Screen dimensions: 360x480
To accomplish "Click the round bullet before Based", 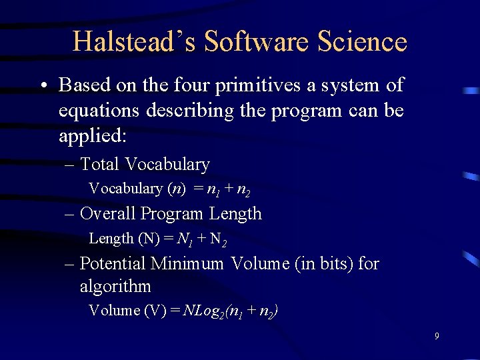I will pyautogui.click(x=42, y=87).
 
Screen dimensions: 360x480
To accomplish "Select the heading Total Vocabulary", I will pyautogui.click(x=145, y=164).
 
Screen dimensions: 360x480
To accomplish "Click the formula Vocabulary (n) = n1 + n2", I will pyautogui.click(x=170, y=189).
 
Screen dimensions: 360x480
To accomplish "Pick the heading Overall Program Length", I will pyautogui.click(x=171, y=214).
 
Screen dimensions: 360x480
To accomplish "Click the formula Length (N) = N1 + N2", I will pyautogui.click(x=162, y=239).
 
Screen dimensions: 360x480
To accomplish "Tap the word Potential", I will pyautogui.click(x=113, y=263).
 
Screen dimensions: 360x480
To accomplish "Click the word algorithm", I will pyautogui.click(x=115, y=287).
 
